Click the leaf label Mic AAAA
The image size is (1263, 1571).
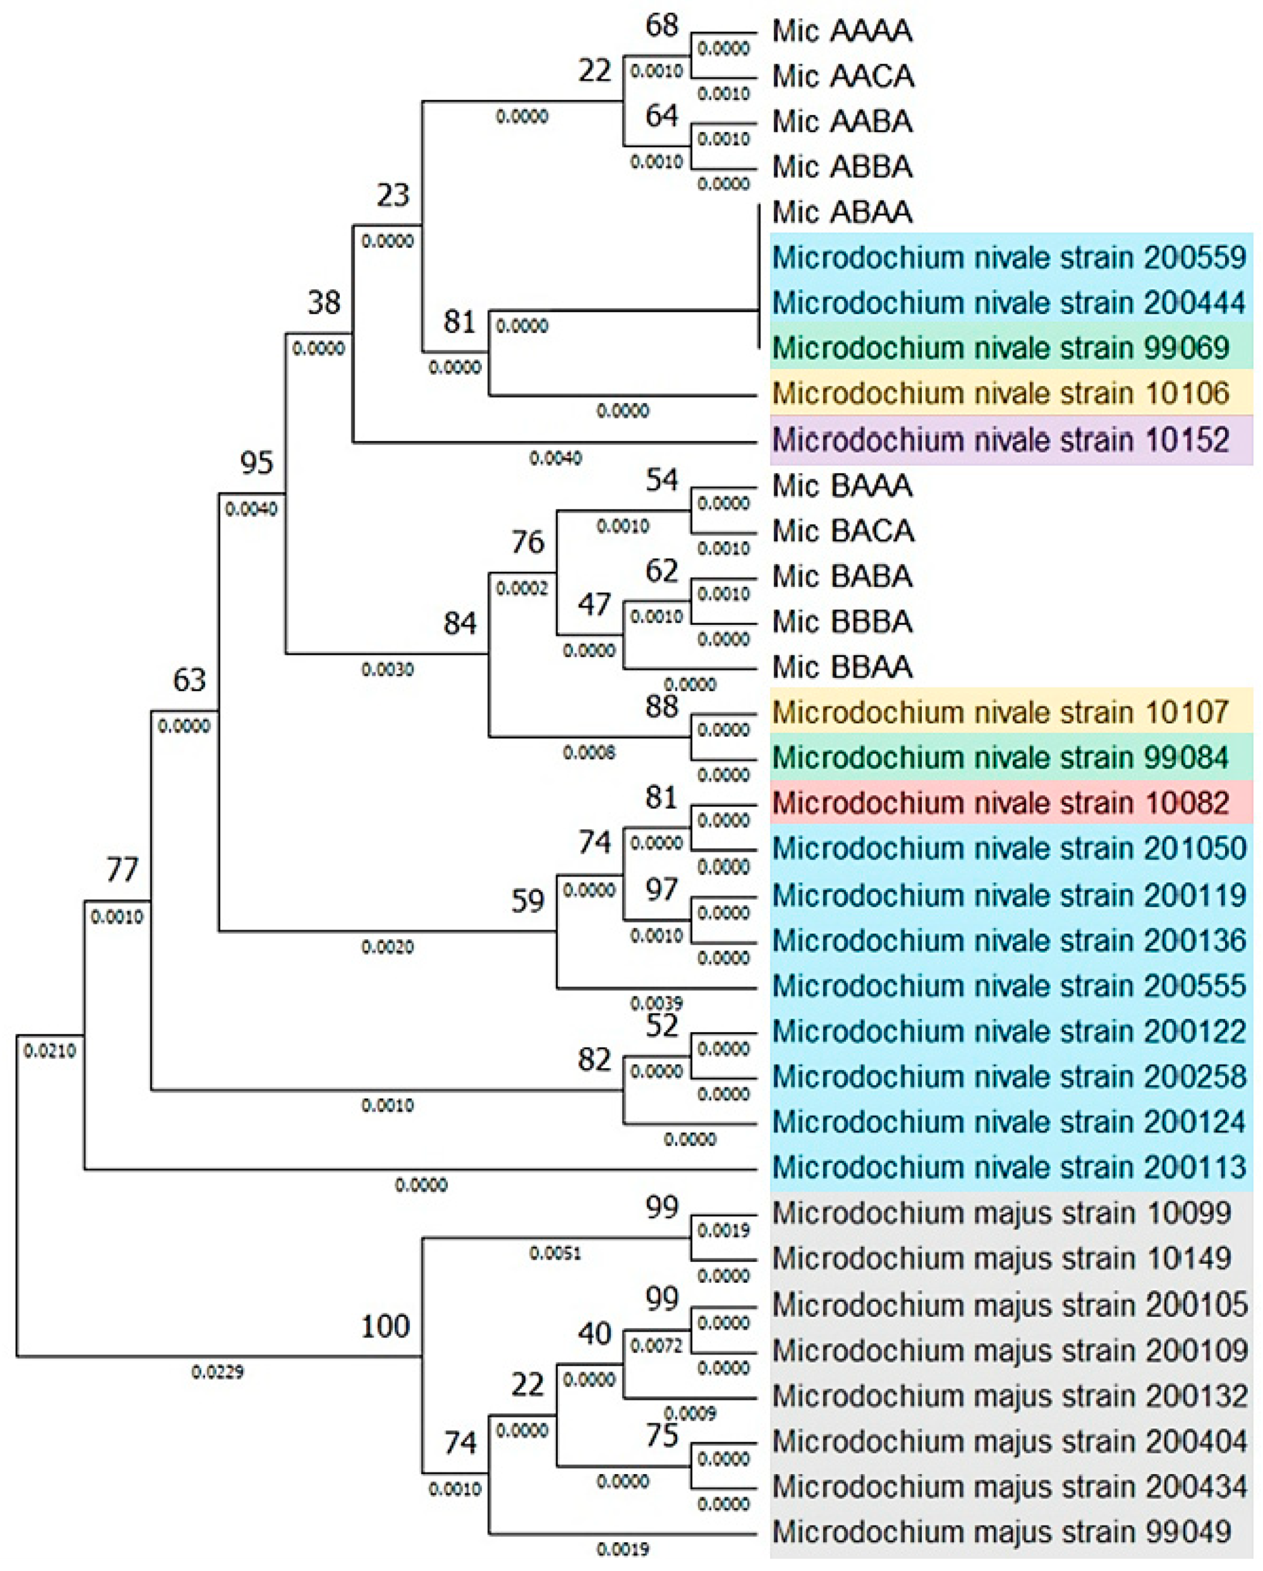(x=842, y=31)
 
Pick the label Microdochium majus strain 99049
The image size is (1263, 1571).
(x=1001, y=1532)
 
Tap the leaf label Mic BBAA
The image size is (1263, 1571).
(x=842, y=668)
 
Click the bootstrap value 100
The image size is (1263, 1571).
(x=386, y=1326)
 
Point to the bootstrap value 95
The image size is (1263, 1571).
(x=256, y=463)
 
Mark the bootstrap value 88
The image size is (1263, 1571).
(x=661, y=706)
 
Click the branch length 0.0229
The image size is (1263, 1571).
(x=217, y=1372)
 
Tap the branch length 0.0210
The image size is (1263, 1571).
(x=49, y=1051)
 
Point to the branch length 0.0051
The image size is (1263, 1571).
(x=555, y=1253)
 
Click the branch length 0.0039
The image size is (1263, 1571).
(x=656, y=1003)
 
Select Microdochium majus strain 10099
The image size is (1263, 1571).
(x=1001, y=1213)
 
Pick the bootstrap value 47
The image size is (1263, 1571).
(x=594, y=604)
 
